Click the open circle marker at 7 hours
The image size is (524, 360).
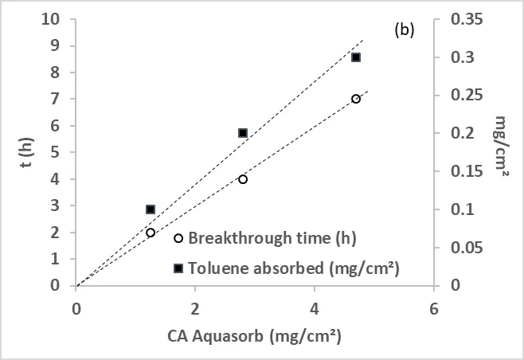356,99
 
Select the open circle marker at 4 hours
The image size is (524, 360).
243,179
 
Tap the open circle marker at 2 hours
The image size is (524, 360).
151,233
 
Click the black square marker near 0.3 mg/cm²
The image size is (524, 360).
356,57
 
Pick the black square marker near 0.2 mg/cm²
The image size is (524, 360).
243,133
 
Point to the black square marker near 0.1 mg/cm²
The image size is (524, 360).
151,209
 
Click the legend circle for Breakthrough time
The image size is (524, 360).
178,238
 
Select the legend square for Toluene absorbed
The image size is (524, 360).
178,268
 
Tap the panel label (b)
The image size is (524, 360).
405,30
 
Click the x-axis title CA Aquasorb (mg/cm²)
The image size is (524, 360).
254,336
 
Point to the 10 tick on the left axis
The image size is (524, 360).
55,19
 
